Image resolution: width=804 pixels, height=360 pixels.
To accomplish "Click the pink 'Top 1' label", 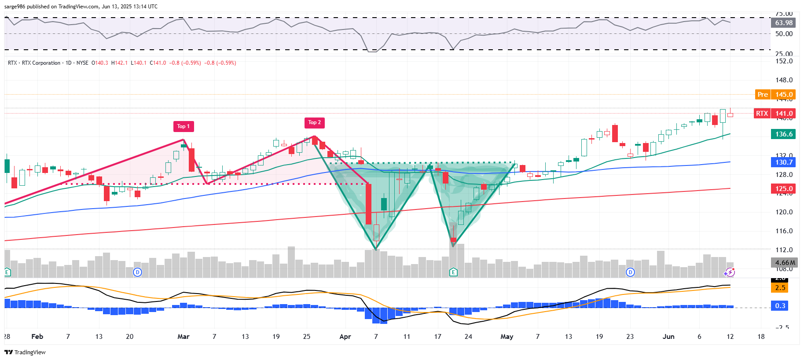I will click(x=183, y=126).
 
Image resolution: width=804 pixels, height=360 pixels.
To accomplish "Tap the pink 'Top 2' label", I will click(x=315, y=122).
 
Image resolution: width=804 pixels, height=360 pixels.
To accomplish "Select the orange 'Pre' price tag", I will click(x=762, y=95).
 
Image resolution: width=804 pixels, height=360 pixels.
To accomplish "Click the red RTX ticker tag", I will click(x=762, y=114).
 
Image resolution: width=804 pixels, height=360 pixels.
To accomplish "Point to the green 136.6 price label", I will click(x=784, y=134).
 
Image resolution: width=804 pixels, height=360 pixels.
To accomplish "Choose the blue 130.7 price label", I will click(x=784, y=162).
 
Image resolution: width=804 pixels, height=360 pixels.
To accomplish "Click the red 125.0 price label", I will click(x=784, y=189).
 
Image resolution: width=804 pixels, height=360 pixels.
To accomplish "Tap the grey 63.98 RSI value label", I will click(x=784, y=23).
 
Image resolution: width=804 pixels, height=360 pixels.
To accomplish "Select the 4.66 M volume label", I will click(x=785, y=263).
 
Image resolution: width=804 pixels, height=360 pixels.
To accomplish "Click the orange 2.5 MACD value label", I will click(x=780, y=288).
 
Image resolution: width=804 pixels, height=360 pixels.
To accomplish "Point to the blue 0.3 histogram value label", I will click(x=780, y=306).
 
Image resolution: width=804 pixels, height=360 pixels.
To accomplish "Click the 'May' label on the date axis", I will click(x=507, y=337).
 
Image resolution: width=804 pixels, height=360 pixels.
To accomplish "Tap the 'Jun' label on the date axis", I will click(x=668, y=337).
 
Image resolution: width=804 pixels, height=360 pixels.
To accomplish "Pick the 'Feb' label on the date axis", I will click(x=37, y=337).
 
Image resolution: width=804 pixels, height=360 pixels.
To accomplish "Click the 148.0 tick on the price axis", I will click(x=784, y=80).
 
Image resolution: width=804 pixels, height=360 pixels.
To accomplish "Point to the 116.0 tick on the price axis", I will click(x=784, y=231).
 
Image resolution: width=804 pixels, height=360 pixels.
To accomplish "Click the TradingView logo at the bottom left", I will click(x=25, y=352).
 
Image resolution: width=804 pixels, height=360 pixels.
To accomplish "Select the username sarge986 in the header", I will click(x=15, y=7).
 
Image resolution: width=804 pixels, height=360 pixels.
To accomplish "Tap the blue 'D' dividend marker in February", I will click(x=137, y=272).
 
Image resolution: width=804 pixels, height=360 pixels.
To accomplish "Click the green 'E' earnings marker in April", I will click(x=453, y=272).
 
